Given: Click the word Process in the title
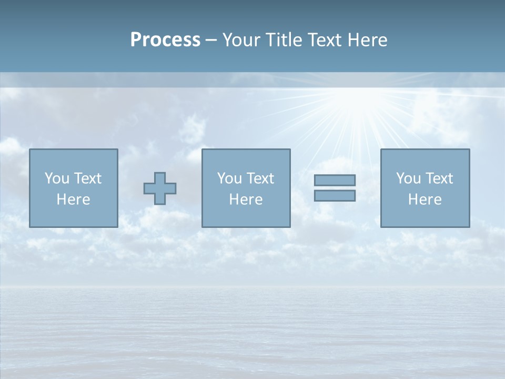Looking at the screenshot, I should pos(165,40).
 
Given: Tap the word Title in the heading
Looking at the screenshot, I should pos(284,40).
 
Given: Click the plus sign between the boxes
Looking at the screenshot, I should pos(160,188).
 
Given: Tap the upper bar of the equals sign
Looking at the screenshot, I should pos(335,180).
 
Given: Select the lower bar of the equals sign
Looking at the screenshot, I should pos(335,195).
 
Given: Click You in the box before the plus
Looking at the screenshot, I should pos(56,178).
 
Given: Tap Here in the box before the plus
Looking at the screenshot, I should pos(74,200).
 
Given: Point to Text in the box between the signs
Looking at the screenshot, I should pos(260,178).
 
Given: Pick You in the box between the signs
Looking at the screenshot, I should pos(229,178).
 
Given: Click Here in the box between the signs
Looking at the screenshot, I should pos(246,200).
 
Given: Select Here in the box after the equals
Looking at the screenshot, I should pos(425,200).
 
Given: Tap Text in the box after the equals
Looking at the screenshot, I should pos(439,178).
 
